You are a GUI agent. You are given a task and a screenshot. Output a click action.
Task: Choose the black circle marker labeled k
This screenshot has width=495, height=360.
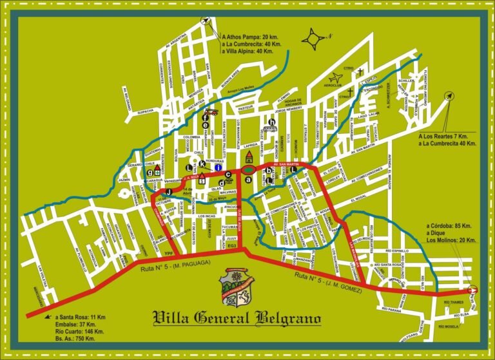202,164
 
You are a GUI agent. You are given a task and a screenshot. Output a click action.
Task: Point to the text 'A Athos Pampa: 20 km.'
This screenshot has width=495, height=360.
247,37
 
